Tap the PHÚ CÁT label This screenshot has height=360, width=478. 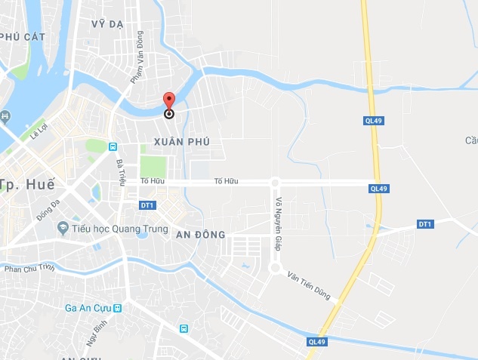[20, 35]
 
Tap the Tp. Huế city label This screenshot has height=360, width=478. [20, 185]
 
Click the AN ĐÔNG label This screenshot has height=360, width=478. [201, 235]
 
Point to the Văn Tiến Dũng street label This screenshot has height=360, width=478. [309, 287]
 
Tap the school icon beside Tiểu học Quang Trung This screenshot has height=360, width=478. [64, 227]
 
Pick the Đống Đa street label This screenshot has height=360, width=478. [48, 209]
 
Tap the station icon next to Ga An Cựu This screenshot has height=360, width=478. [117, 308]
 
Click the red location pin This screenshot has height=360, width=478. [169, 101]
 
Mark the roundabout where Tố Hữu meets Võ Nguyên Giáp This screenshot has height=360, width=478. [275, 182]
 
